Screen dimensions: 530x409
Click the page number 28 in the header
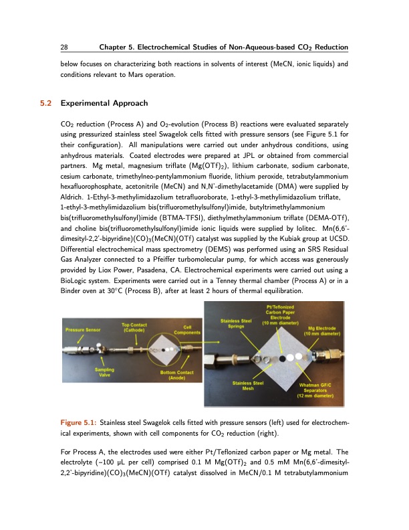point(64,48)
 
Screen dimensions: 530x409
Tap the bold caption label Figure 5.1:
point(78,422)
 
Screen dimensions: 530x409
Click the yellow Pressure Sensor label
point(83,330)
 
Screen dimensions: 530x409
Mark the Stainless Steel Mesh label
point(246,385)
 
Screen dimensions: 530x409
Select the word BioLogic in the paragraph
point(75,301)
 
